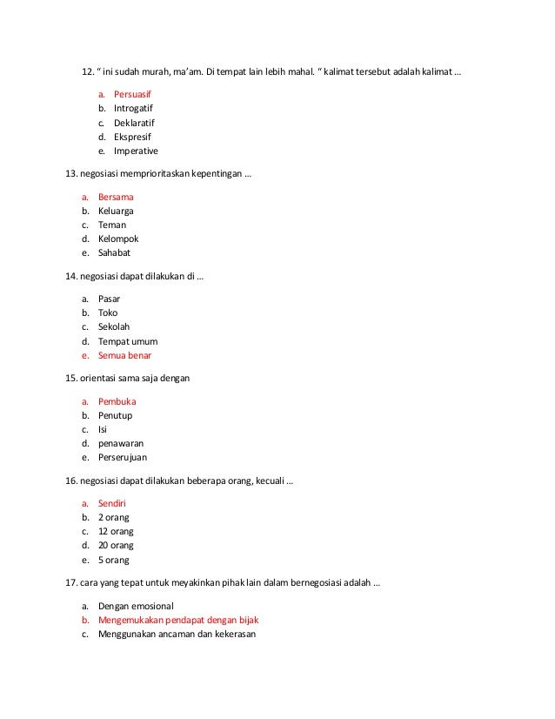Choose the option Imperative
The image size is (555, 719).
pos(136,151)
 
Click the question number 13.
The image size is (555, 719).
pos(72,174)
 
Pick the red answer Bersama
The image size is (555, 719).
pos(116,197)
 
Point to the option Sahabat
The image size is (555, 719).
pos(114,252)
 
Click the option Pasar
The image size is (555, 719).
pos(110,299)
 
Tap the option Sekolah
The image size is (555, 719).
pos(115,326)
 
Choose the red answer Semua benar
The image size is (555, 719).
pos(124,355)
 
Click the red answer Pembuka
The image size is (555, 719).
pos(117,401)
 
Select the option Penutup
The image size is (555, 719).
pos(116,415)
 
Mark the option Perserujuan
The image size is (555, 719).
pos(123,457)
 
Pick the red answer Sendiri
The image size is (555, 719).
pos(114,503)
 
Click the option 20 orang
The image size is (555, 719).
pos(116,545)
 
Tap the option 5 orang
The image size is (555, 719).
pos(113,560)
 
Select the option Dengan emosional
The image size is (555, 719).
pos(137,606)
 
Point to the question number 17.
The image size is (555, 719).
pos(72,582)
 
